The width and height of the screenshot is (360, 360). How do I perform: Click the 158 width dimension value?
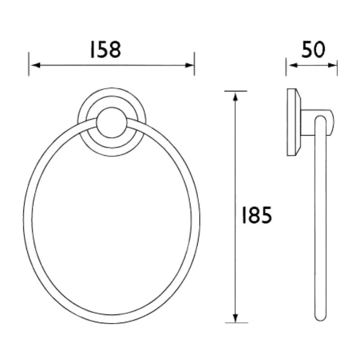[x=105, y=49]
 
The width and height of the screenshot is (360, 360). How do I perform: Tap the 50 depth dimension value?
[x=313, y=49]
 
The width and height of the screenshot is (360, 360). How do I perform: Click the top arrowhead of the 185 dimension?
[x=235, y=94]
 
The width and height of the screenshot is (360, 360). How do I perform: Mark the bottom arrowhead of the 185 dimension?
[x=235, y=319]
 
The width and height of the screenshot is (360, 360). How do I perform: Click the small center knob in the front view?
[x=111, y=122]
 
